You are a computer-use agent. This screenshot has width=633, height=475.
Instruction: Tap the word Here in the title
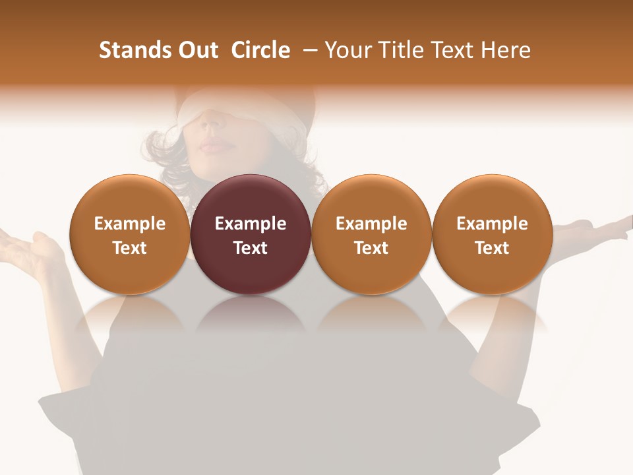click(506, 50)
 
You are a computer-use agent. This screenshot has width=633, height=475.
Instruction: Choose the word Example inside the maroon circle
click(251, 224)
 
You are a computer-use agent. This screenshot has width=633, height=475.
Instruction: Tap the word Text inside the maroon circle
click(251, 248)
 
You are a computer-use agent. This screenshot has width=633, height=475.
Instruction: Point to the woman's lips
click(212, 144)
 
